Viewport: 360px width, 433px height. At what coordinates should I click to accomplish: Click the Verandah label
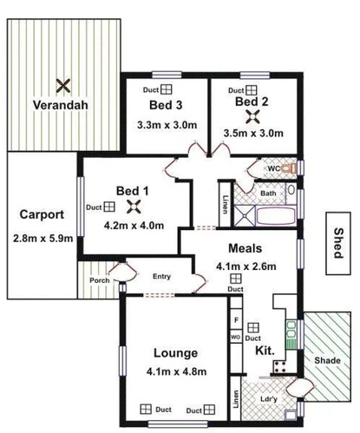click(x=60, y=107)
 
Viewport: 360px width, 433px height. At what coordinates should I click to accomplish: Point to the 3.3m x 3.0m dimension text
click(x=167, y=125)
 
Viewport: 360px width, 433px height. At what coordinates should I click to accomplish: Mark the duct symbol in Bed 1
click(x=110, y=207)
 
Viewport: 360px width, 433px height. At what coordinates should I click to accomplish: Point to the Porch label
click(x=99, y=280)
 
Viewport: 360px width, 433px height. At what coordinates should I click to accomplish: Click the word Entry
click(x=162, y=277)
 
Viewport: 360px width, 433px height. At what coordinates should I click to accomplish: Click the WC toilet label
click(x=272, y=167)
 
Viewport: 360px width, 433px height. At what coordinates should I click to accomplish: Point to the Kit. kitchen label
click(x=265, y=349)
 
